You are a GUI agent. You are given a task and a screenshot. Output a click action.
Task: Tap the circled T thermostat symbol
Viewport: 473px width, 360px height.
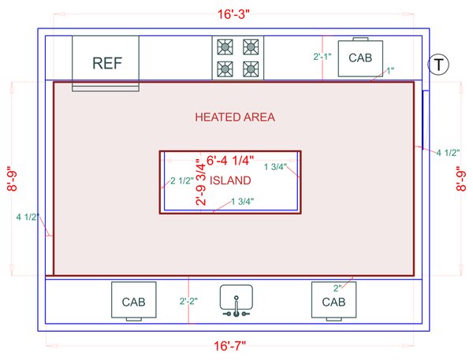pyautogui.click(x=438, y=65)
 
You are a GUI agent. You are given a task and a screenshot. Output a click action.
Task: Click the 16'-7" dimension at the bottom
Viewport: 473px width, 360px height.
pyautogui.click(x=233, y=346)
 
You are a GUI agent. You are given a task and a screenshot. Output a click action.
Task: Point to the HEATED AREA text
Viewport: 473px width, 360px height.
pyautogui.click(x=235, y=117)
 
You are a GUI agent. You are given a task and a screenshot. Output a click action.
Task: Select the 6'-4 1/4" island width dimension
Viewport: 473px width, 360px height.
pyautogui.click(x=229, y=161)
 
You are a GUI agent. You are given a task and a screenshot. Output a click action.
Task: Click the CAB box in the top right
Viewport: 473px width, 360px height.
pyautogui.click(x=360, y=58)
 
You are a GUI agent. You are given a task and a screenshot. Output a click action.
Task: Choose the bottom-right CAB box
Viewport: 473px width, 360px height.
pyautogui.click(x=333, y=301)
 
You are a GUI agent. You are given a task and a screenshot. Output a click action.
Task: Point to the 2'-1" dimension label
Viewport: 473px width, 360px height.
pyautogui.click(x=323, y=57)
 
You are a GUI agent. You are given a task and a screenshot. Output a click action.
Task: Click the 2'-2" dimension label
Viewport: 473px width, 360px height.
pyautogui.click(x=189, y=301)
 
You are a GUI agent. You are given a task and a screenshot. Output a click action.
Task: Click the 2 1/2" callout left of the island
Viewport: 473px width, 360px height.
pyautogui.click(x=182, y=181)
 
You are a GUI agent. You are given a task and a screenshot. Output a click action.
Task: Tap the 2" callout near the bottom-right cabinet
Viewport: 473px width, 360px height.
pyautogui.click(x=337, y=288)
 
